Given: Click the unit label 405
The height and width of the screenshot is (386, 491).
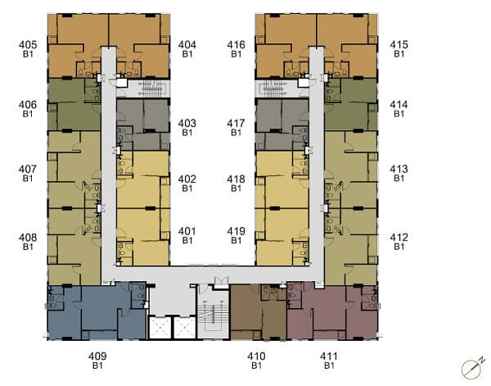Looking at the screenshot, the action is point(28,45).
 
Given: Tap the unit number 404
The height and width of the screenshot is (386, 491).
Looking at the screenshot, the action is point(187,45).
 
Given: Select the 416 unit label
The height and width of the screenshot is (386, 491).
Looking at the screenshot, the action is point(236,45).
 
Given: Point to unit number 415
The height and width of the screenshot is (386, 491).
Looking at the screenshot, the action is point(399,45).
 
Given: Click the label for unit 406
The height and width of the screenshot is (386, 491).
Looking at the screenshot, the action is point(28,105).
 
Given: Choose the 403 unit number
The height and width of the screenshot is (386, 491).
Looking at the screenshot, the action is point(187,123).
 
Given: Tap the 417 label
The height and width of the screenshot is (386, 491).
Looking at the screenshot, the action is point(236,123).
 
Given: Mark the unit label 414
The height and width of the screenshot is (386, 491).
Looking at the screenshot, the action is point(399,105).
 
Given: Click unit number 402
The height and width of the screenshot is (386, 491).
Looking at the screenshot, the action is point(187,179).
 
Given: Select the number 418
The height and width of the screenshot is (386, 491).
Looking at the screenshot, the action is point(236,179).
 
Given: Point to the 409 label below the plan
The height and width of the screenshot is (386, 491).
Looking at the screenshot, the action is point(97,356).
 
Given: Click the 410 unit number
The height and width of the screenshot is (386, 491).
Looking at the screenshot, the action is point(256,356).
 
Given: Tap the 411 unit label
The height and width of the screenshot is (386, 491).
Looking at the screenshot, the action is point(329,356).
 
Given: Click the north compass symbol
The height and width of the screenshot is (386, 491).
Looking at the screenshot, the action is point(472,367).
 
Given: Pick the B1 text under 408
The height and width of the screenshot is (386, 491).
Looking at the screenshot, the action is point(28,247).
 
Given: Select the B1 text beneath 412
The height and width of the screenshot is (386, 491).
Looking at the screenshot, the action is point(399,247).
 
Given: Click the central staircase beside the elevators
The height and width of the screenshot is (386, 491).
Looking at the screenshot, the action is point(213,316).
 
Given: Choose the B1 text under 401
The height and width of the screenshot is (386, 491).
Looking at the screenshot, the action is point(187,240).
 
